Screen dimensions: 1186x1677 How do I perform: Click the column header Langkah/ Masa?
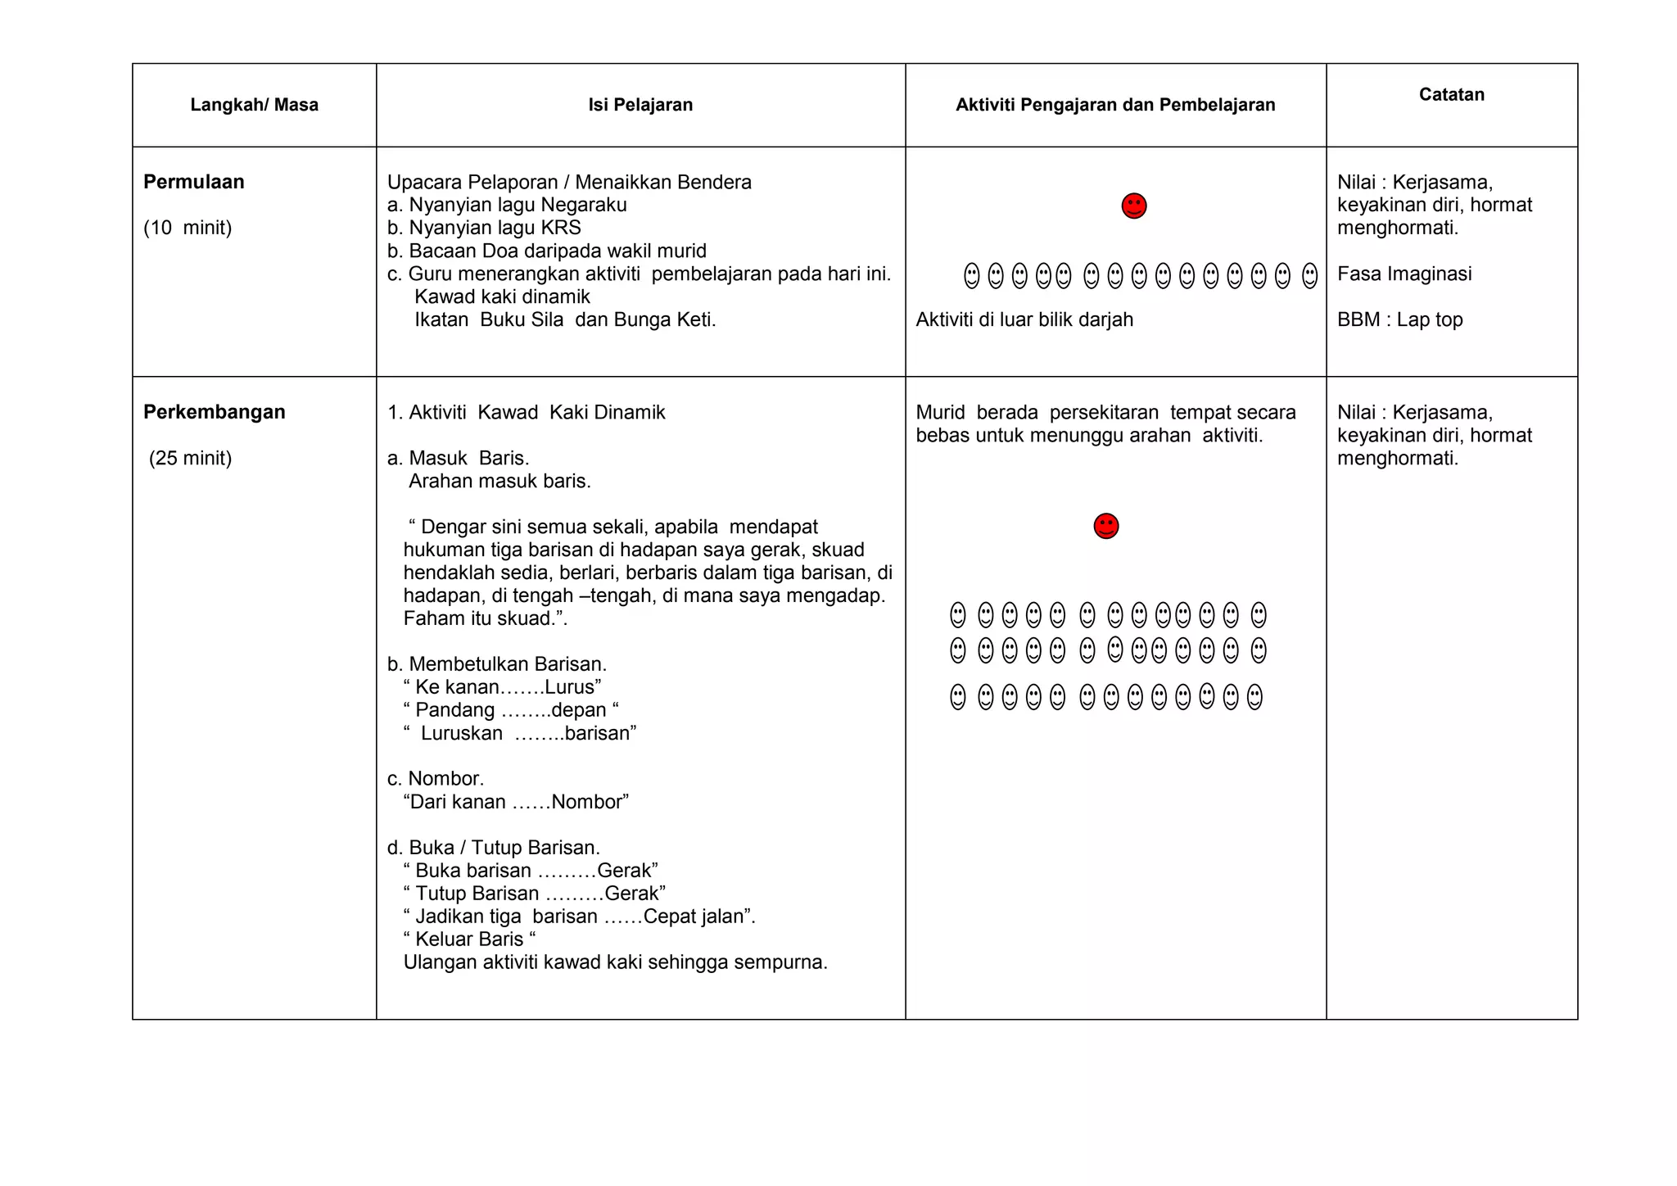coord(254,105)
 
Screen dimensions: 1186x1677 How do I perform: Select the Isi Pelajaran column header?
coord(640,105)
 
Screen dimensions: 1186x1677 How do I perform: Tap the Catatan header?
coord(1451,94)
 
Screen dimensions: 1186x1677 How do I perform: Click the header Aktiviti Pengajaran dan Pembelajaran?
coord(1115,105)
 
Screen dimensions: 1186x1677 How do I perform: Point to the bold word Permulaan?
coord(193,182)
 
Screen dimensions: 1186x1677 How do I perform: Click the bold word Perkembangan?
coord(214,412)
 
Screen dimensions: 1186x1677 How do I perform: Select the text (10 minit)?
coord(188,228)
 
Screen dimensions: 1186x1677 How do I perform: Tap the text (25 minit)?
coord(190,458)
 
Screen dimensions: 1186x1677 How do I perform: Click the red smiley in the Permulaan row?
coord(1133,206)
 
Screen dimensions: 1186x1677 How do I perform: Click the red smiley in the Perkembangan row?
coord(1105,526)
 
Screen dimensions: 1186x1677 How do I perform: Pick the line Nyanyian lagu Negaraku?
coord(517,205)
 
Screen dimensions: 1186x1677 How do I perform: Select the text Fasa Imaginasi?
coord(1404,274)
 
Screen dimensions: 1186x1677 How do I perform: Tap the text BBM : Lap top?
coord(1399,319)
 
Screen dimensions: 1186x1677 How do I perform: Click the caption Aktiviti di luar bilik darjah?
coord(1024,319)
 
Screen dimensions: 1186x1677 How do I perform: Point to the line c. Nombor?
coord(435,778)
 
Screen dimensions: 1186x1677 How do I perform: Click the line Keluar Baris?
coord(468,939)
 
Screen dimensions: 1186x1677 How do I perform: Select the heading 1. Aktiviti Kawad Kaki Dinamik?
coord(526,412)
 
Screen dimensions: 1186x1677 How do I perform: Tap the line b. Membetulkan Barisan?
coord(496,663)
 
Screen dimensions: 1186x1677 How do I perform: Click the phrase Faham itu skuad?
coord(483,618)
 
